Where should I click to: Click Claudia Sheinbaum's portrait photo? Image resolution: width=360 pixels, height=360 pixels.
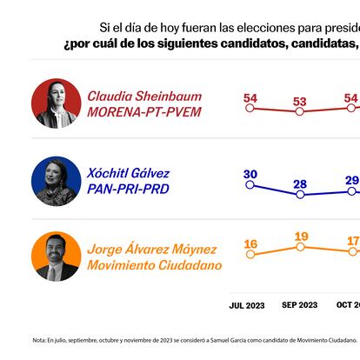(x=57, y=103)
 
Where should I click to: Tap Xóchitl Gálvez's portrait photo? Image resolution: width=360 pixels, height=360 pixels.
(x=57, y=181)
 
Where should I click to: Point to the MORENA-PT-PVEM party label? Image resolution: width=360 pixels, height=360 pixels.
(x=144, y=113)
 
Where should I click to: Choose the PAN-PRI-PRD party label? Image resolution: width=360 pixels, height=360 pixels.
(x=128, y=190)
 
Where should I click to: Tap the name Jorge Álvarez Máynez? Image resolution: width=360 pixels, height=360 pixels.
(x=154, y=248)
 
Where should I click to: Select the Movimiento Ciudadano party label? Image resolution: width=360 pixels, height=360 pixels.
(x=154, y=265)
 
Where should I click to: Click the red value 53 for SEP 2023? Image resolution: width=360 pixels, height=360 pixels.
(x=300, y=102)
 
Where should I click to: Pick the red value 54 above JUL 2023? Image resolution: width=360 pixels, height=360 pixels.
(x=250, y=97)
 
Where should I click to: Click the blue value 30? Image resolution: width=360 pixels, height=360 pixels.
(x=250, y=174)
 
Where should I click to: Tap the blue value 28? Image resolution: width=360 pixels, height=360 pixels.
(x=300, y=183)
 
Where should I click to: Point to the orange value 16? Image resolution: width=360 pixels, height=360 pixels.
(x=250, y=243)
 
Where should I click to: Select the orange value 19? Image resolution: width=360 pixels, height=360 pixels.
(x=300, y=237)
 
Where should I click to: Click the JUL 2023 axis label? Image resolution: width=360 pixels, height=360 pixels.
(x=248, y=305)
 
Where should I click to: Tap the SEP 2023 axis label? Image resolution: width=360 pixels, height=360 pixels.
(x=300, y=305)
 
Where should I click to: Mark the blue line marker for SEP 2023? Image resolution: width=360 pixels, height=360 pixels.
(x=300, y=195)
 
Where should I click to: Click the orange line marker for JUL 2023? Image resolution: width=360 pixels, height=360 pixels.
(x=250, y=255)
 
